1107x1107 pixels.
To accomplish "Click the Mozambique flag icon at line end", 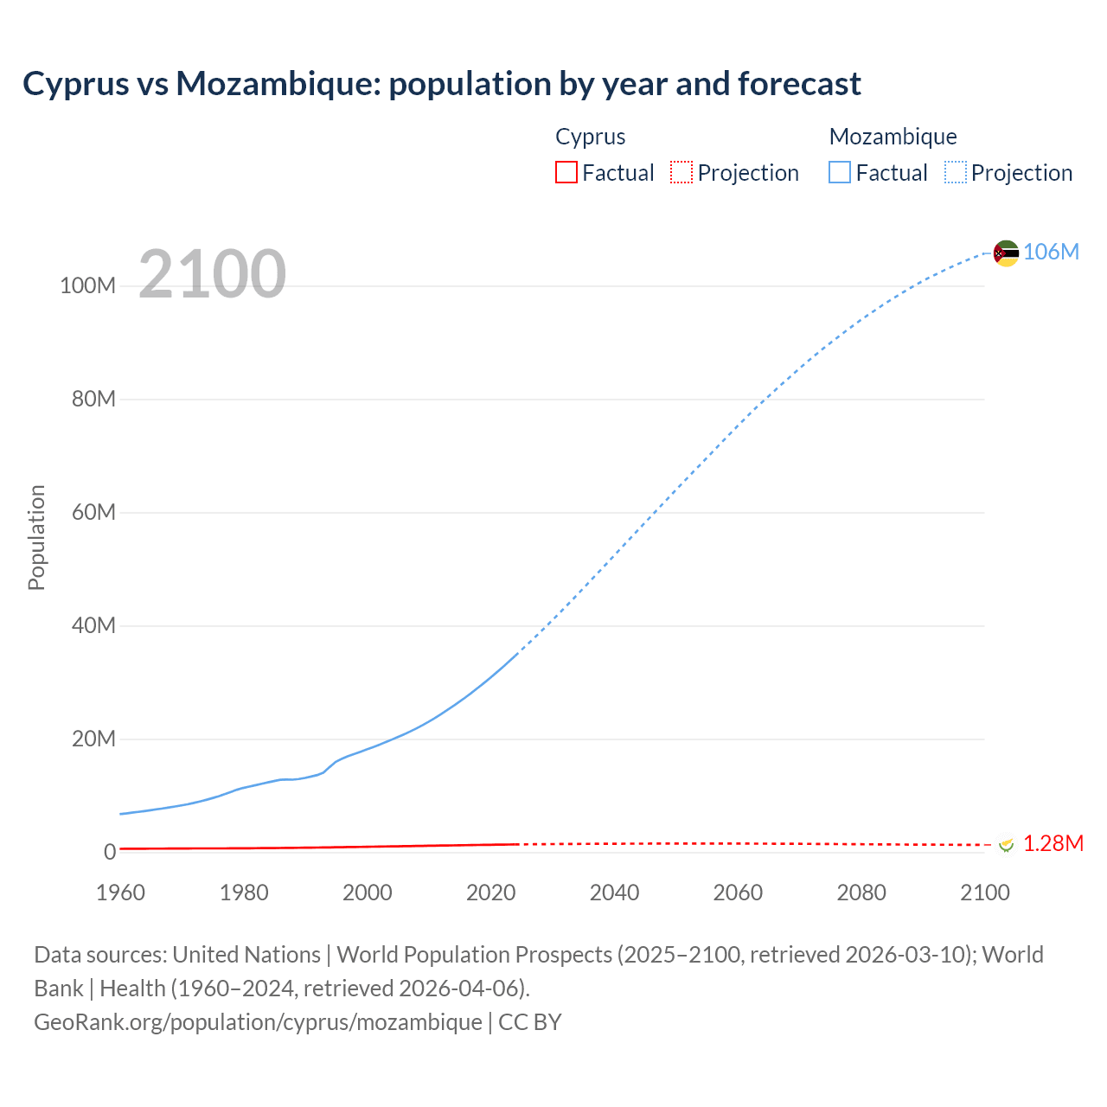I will (1006, 253).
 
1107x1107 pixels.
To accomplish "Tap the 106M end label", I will (1051, 252).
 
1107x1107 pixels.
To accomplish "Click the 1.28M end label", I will (1053, 843).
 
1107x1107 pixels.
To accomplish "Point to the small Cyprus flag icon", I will (1006, 844).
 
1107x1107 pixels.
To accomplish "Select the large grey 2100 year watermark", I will (212, 273).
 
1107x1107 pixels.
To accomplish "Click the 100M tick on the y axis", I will (87, 286).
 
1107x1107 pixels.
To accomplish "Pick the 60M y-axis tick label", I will (93, 513).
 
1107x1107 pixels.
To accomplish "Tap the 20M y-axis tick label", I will (93, 739).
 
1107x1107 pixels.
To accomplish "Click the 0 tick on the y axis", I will (110, 852).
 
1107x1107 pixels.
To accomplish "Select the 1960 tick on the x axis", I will (120, 893).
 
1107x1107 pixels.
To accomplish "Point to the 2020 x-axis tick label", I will (490, 893).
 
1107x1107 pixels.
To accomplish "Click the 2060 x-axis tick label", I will (738, 893).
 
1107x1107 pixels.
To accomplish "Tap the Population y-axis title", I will (36, 538).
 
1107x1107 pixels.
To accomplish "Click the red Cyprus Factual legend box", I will (566, 172).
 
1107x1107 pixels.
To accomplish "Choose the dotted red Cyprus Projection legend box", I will (681, 172).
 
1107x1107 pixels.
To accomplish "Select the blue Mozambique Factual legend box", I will (840, 172).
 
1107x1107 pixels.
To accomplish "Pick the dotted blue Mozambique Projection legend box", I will (956, 172).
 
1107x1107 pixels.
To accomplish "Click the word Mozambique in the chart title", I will (277, 84).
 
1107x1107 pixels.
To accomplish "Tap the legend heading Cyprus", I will (590, 137).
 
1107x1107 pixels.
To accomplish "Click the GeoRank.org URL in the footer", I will (258, 1021).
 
